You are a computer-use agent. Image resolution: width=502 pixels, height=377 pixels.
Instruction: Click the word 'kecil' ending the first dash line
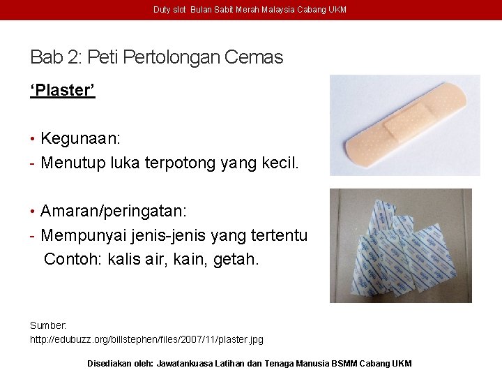tap(277, 163)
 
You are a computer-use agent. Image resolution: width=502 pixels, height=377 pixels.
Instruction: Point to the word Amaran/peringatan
tap(113, 210)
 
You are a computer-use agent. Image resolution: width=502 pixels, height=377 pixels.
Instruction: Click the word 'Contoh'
tap(73, 260)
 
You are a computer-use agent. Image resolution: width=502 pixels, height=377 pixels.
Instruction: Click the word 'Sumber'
tap(48, 325)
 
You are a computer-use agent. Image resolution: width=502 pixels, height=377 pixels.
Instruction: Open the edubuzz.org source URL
tap(146, 339)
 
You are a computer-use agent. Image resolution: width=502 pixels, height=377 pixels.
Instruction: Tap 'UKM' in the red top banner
tap(337, 10)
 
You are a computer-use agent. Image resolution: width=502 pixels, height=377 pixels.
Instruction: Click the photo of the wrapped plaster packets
tap(400, 245)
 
